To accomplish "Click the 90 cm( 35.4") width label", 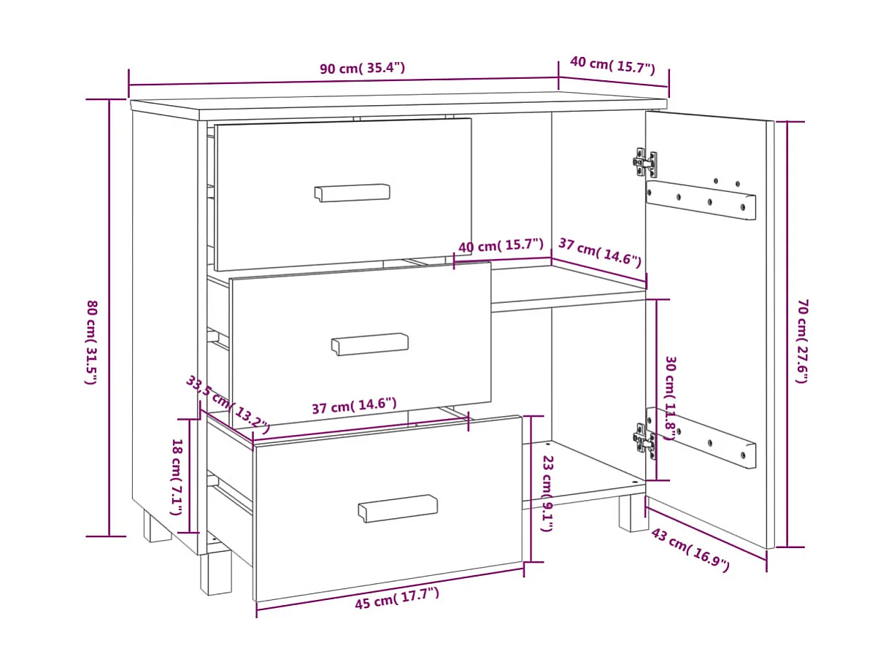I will [362, 69].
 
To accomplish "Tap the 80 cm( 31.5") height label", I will [92, 342].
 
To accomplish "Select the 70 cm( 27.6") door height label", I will [802, 340].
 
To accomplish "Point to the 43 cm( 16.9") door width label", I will [690, 549].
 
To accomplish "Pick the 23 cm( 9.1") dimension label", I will [547, 493].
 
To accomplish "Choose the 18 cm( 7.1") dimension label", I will [176, 477].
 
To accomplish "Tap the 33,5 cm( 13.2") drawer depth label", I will [227, 404].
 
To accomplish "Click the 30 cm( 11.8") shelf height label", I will [670, 398].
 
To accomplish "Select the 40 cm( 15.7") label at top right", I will [612, 66].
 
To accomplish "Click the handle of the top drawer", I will [352, 193].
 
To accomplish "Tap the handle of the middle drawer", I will [370, 344].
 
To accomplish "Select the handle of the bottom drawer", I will [398, 508].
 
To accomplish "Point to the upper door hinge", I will [644, 163].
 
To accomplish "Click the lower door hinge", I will [644, 440].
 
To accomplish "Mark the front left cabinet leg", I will [215, 572].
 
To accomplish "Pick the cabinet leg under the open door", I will [633, 512].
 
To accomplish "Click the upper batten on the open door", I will [701, 200].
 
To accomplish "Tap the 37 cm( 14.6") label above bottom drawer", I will [354, 406].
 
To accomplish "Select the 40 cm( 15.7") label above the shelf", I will [501, 246].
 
